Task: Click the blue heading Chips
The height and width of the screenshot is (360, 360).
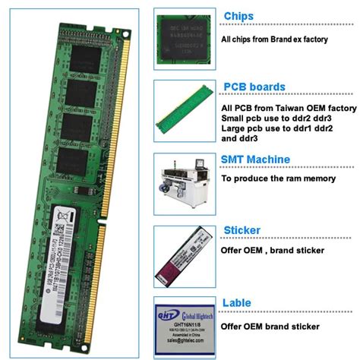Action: point(238,17)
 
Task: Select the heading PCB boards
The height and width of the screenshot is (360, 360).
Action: point(254,87)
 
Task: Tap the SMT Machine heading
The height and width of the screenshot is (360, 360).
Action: point(255,159)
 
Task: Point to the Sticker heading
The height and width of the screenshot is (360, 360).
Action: point(242,230)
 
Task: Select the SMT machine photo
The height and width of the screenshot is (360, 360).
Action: point(182,182)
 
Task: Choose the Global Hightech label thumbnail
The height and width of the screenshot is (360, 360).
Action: point(182,327)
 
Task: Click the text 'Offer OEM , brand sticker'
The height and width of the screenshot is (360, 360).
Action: point(273,250)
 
